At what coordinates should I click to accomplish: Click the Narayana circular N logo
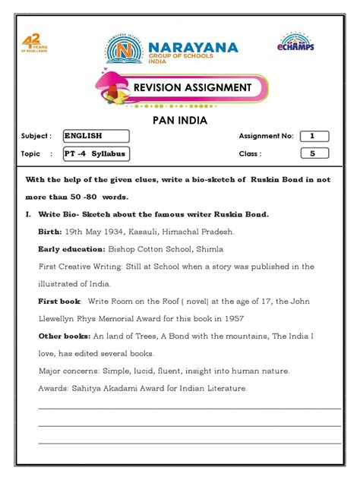(x=125, y=50)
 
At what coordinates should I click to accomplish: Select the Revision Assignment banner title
(x=192, y=87)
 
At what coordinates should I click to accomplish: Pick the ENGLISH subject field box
(x=96, y=137)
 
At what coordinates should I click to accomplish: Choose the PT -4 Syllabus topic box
(x=96, y=154)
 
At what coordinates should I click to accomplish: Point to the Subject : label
(x=36, y=137)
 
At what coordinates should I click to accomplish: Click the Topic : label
(x=32, y=154)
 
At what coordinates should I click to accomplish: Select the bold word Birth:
(x=50, y=231)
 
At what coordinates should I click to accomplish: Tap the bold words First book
(x=56, y=302)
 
